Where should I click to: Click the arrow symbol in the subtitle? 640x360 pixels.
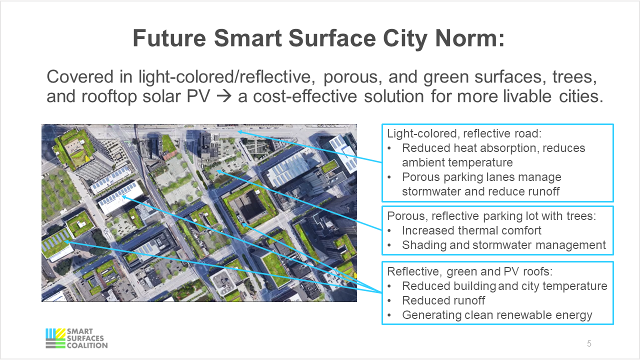point(224,95)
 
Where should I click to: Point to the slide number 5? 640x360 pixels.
point(589,343)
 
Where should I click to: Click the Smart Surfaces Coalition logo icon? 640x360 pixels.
point(55,338)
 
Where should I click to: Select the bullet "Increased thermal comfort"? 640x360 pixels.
point(471,230)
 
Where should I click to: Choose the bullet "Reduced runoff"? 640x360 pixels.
point(443,300)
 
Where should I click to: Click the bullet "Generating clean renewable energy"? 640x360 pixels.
point(497,315)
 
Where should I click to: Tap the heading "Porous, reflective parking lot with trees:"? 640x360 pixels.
point(492,216)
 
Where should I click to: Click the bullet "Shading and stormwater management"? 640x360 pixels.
point(503,245)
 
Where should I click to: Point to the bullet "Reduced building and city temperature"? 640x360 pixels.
point(504,286)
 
